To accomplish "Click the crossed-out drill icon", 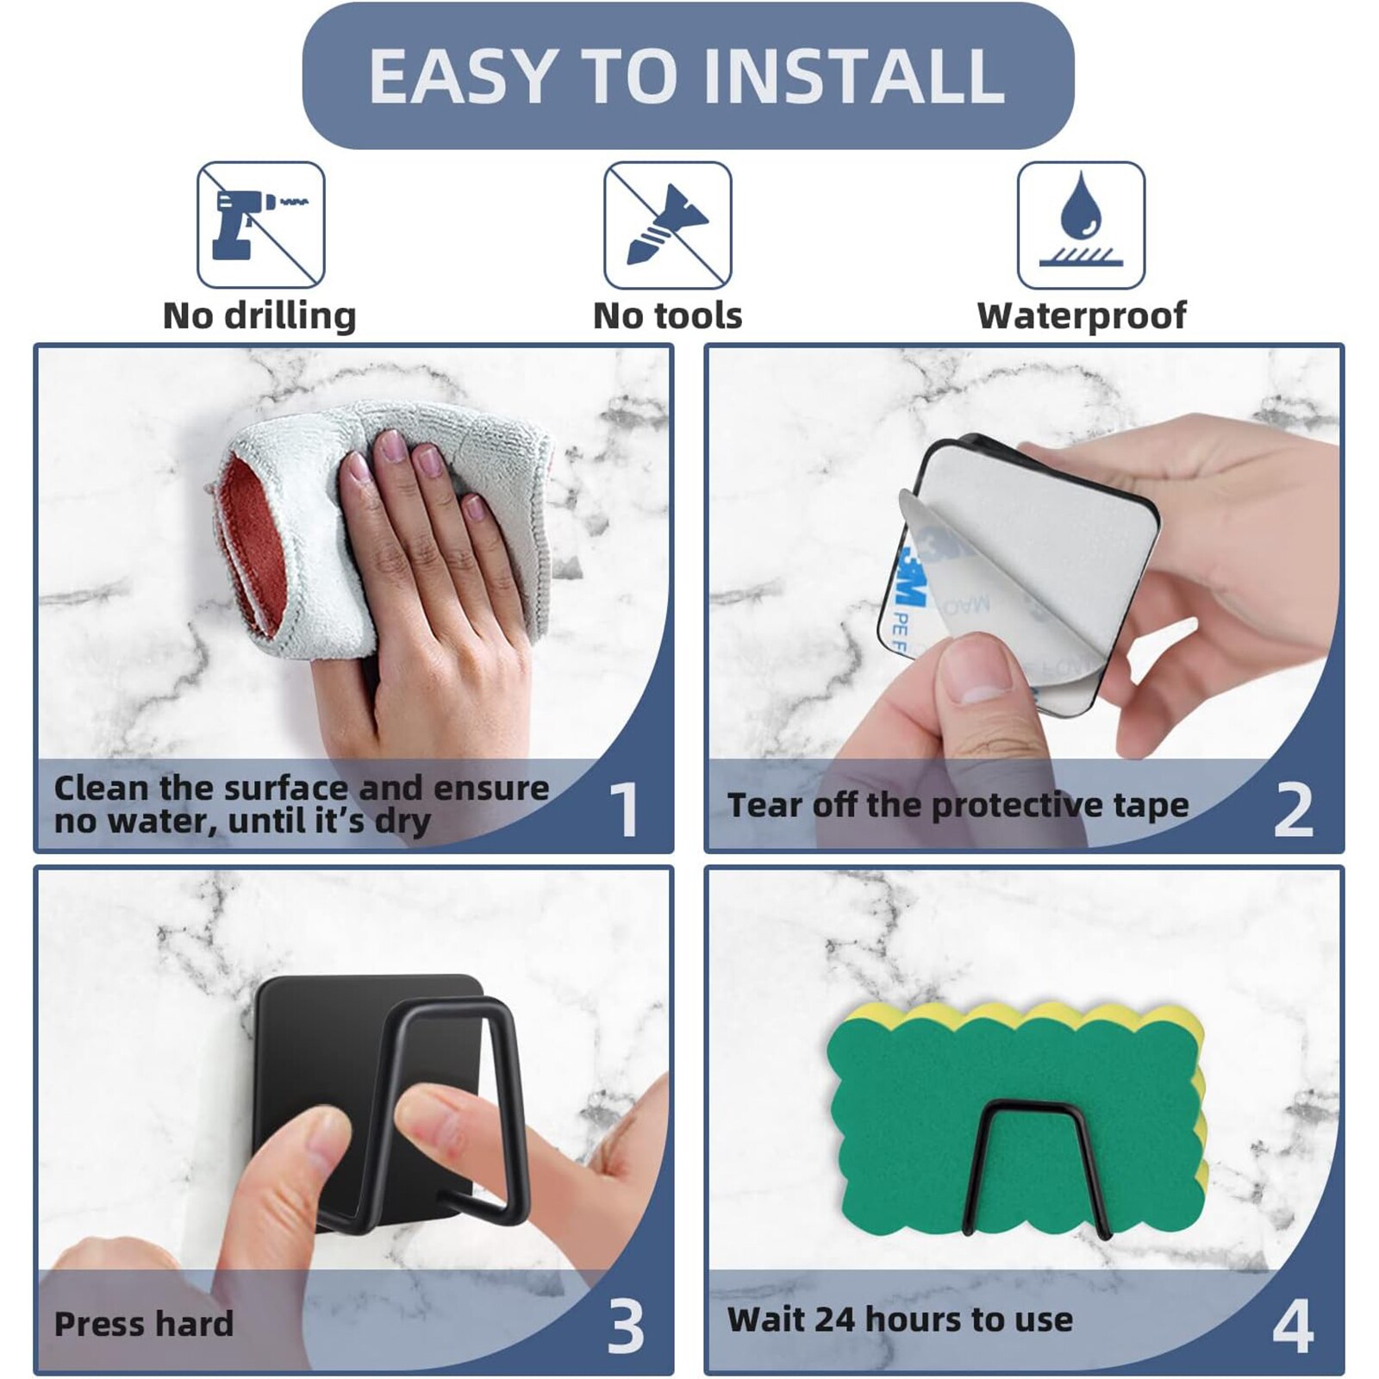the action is [261, 225].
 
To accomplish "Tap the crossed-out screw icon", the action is [668, 225].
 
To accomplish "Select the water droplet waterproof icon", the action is [1081, 225].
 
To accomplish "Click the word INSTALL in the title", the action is [854, 76].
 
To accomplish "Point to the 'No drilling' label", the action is [259, 315].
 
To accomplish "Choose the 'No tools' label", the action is [668, 315].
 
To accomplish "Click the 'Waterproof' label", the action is [1082, 316].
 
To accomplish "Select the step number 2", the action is [1294, 809].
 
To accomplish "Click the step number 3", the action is [626, 1326].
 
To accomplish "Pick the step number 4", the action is [1294, 1326].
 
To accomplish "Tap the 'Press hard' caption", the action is [144, 1324].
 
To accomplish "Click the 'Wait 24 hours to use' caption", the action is [901, 1320].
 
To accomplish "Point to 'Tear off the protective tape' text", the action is [958, 805].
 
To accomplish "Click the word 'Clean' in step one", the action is [101, 788].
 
